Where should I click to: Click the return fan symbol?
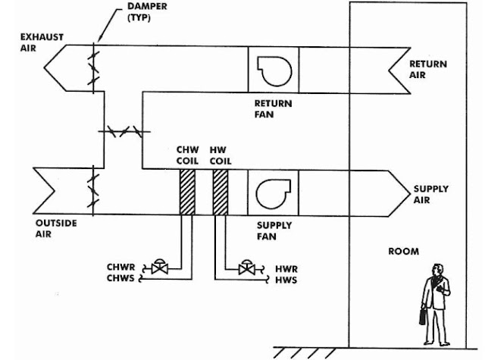pos(274,69)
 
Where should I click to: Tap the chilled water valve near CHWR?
pos(160,268)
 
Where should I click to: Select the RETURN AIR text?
pos(428,69)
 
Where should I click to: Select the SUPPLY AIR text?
pos(430,194)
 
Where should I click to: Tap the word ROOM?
pos(403,252)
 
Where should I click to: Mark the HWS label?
pos(286,280)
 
